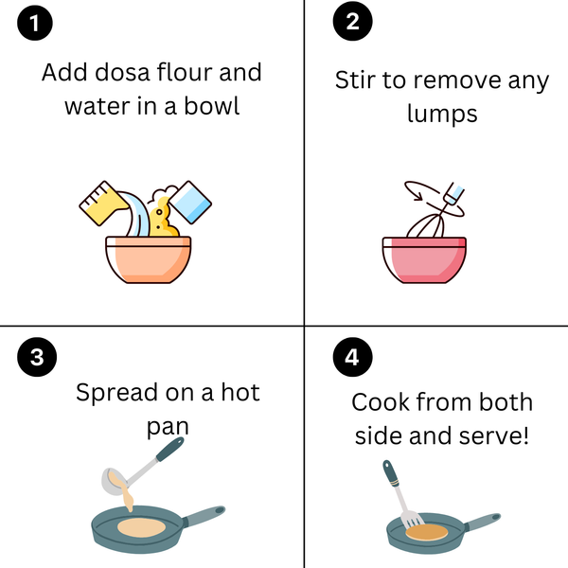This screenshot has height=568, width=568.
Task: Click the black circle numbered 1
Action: pyautogui.click(x=35, y=23)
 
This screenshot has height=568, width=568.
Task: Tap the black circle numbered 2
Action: pyautogui.click(x=352, y=21)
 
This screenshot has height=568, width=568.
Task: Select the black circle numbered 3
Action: pyautogui.click(x=37, y=357)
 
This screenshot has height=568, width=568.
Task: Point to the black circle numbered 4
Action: pyautogui.click(x=352, y=357)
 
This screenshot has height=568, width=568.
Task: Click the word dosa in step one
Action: pyautogui.click(x=122, y=72)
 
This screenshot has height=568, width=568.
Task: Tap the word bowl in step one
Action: pyautogui.click(x=211, y=106)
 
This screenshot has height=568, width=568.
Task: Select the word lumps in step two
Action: pyautogui.click(x=442, y=114)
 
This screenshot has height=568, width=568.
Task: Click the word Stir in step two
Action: pyautogui.click(x=354, y=80)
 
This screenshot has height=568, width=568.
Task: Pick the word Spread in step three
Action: pyautogui.click(x=117, y=393)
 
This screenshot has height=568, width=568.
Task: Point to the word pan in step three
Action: pyautogui.click(x=168, y=428)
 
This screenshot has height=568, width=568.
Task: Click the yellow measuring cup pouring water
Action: pyautogui.click(x=103, y=203)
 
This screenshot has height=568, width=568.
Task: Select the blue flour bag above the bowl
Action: pyautogui.click(x=190, y=203)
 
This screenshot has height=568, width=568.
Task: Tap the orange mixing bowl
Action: pyautogui.click(x=149, y=259)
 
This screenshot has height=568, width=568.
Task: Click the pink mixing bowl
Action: pyautogui.click(x=424, y=259)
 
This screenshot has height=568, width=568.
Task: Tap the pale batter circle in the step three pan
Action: pyautogui.click(x=141, y=527)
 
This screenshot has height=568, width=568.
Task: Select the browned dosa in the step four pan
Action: pyautogui.click(x=427, y=532)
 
